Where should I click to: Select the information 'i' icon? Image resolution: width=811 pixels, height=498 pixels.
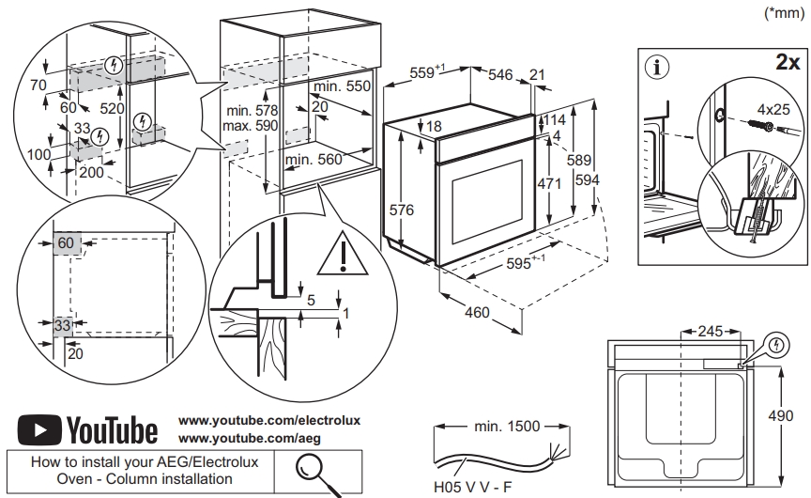(661, 68)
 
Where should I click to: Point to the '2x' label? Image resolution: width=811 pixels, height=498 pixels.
(787, 63)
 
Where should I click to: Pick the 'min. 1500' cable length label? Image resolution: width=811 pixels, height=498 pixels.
(507, 427)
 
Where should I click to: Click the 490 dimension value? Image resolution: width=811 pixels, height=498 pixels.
(793, 415)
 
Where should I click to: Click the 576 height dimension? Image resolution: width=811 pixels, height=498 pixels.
(402, 210)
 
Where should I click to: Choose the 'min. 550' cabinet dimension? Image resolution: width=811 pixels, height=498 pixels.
(343, 86)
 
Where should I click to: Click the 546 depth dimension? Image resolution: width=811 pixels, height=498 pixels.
(500, 75)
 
